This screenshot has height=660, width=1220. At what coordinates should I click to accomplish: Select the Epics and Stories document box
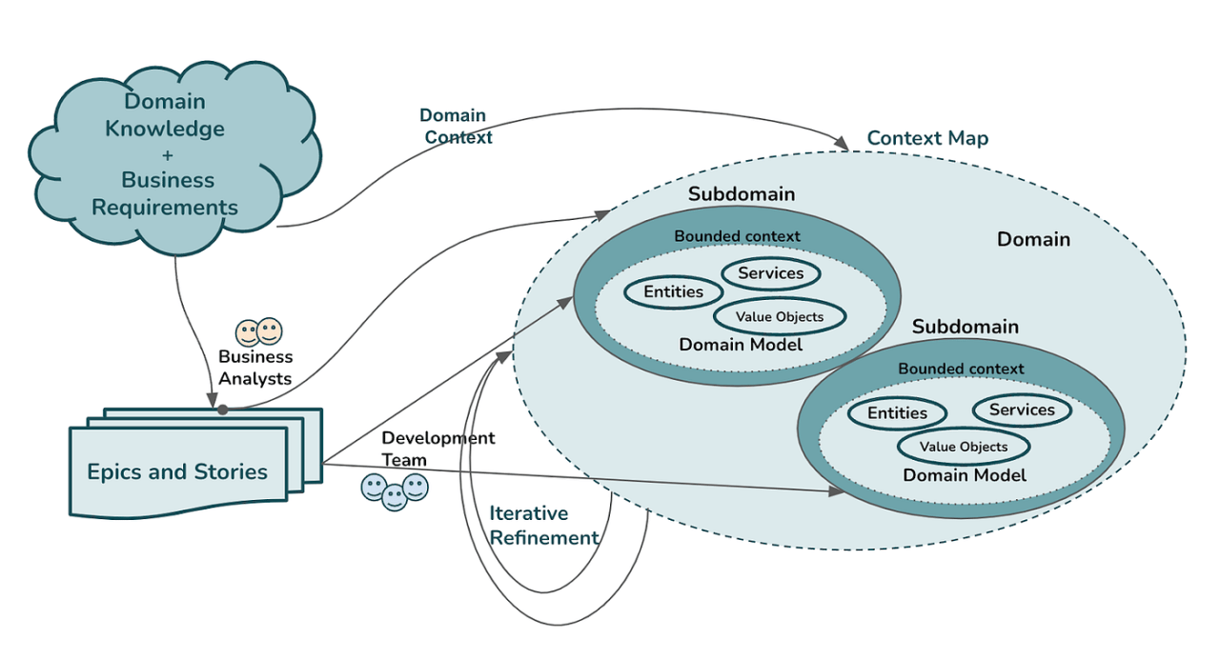point(177,471)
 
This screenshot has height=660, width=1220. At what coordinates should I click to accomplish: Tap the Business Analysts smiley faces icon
point(259,331)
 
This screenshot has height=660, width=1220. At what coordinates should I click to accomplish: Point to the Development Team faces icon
point(395,490)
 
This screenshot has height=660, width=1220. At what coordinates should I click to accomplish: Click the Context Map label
point(927,138)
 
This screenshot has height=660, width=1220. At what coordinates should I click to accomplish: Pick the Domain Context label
point(455,126)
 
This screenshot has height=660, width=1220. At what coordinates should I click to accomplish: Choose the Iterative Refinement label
point(543,525)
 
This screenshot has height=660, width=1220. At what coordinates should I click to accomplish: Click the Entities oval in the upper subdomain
point(674,291)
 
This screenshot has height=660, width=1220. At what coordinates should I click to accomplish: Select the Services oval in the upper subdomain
point(771,273)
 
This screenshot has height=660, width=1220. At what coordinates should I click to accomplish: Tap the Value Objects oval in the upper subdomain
point(779,316)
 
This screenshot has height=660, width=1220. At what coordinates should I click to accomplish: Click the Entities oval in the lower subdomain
point(897,412)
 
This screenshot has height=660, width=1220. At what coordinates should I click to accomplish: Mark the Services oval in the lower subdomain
point(1022,410)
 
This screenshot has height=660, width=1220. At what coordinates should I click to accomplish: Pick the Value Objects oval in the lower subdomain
point(963,446)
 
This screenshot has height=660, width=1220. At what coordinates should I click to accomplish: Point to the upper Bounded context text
point(738,236)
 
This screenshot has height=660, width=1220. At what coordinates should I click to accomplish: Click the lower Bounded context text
point(961,369)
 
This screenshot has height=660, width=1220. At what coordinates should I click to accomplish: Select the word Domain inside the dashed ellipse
point(1033,240)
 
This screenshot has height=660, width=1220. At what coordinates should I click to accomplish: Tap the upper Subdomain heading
point(742,194)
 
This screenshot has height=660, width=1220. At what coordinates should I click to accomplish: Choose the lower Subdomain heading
point(965,327)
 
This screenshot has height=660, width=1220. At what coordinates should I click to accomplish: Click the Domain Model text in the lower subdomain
point(965,474)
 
